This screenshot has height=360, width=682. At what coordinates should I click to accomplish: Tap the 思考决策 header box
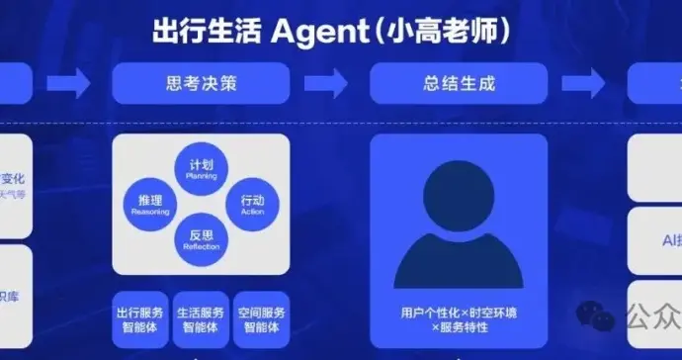(x=201, y=84)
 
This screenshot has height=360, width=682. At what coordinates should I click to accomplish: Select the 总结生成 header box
(x=458, y=84)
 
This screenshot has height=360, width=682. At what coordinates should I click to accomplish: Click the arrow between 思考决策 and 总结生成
(x=329, y=84)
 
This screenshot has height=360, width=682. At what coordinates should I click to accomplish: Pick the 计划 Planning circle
(x=201, y=169)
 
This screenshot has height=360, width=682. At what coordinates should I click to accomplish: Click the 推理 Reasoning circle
(x=150, y=205)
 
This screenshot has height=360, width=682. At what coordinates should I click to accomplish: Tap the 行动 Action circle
(x=252, y=205)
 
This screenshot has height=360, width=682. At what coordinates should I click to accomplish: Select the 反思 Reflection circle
(x=201, y=238)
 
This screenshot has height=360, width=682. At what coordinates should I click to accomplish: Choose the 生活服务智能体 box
(x=201, y=317)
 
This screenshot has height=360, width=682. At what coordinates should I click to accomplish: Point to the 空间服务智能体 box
(x=261, y=317)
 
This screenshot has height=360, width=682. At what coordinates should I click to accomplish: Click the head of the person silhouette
(x=458, y=197)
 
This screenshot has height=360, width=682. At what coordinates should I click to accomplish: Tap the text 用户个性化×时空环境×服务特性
(x=458, y=318)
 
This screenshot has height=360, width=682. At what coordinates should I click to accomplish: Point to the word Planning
(x=201, y=177)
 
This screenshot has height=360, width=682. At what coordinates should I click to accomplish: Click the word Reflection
(x=201, y=246)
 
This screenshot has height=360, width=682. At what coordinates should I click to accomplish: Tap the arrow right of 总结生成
(x=587, y=84)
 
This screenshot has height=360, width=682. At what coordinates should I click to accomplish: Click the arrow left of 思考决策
(x=68, y=84)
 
